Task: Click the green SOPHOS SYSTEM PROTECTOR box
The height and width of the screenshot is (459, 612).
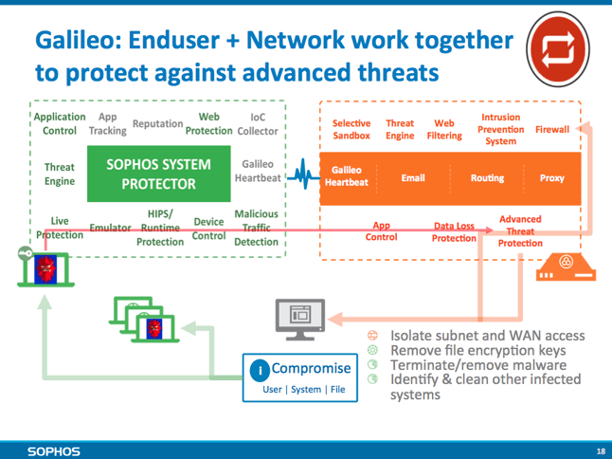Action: click(159, 174)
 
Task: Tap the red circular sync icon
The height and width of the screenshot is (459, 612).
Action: click(558, 49)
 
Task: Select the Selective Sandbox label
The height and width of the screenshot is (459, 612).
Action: click(351, 129)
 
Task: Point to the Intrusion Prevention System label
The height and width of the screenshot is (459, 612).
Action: click(501, 129)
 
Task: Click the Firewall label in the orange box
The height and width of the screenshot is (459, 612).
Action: click(552, 129)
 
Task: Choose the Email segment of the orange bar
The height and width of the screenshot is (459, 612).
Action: click(413, 178)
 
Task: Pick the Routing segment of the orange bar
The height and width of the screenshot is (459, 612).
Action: click(487, 178)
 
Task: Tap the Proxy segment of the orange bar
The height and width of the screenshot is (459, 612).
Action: click(552, 178)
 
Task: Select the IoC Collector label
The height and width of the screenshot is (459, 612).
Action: click(258, 124)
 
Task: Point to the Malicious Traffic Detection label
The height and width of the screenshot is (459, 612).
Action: click(256, 228)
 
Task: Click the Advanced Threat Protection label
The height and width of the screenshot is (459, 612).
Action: click(520, 230)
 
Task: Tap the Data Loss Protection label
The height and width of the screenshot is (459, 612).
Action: click(454, 232)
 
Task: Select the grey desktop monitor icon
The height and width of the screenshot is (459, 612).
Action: click(300, 320)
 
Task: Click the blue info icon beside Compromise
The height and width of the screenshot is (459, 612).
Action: click(260, 370)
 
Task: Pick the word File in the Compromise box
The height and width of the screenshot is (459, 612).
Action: click(337, 390)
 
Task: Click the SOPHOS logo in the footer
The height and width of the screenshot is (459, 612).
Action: click(54, 451)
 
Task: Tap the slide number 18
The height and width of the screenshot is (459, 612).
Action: click(601, 451)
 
